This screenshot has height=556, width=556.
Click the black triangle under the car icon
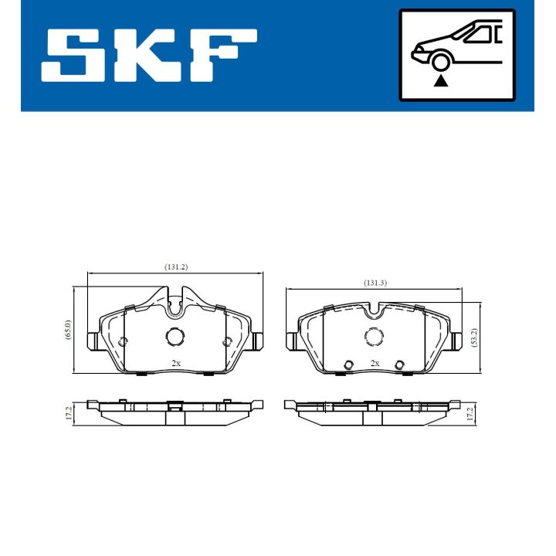(441, 80)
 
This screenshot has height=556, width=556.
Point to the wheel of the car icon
(441, 62)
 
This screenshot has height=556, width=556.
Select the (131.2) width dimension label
(176, 266)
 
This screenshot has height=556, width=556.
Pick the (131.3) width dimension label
(375, 283)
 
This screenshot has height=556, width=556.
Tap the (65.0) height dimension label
(68, 331)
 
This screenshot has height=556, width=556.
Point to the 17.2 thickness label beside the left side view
(69, 413)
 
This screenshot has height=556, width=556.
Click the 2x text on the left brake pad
(175, 362)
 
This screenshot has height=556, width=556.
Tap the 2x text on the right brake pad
(375, 362)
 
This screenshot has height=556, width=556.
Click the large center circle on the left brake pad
(175, 337)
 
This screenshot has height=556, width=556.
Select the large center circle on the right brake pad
(375, 337)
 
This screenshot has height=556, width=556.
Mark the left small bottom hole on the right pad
(349, 365)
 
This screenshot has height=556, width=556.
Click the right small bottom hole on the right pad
(399, 365)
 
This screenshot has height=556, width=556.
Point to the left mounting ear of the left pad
(91, 340)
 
